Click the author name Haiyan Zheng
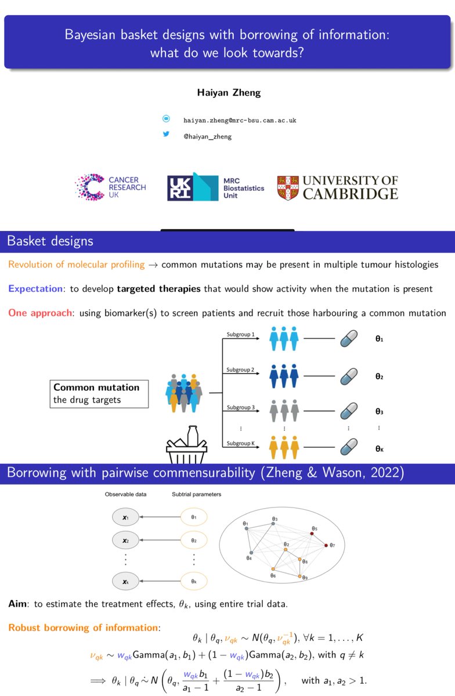229,93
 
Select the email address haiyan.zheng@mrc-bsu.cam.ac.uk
240,120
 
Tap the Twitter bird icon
166,134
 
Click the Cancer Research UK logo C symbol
90,187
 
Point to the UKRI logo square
180,188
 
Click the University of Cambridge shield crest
288,188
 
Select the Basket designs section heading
50,241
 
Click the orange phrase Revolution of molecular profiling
77,264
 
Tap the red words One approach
40,313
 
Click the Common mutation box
99,394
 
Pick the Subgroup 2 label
240,370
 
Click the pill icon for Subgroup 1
349,338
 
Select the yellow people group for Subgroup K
284,447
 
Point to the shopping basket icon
186,445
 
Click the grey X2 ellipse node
125,541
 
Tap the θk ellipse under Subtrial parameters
194,581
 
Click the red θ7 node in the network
326,545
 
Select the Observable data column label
125,494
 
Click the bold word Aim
17,604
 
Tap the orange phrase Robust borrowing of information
83,628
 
